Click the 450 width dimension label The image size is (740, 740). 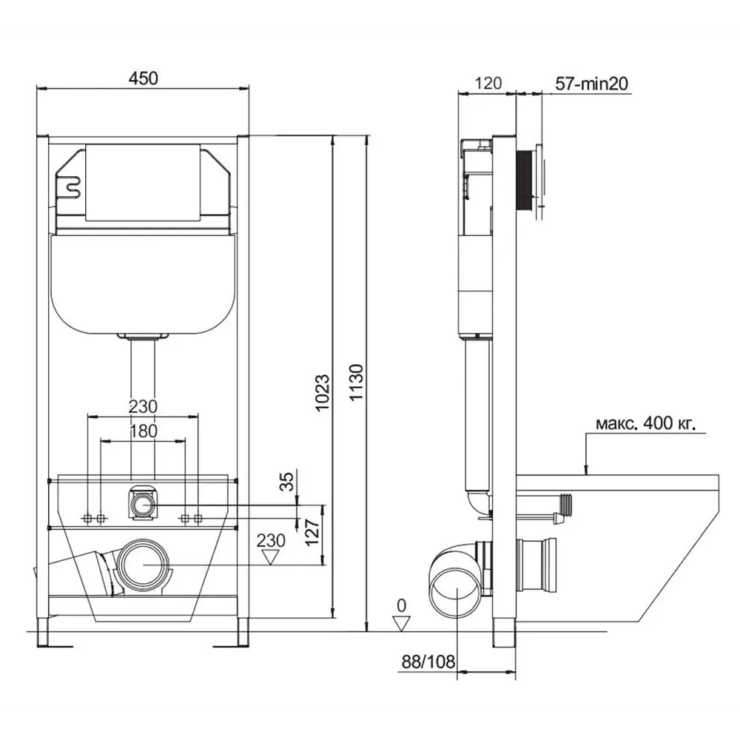click(144, 78)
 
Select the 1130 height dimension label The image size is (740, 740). click(357, 383)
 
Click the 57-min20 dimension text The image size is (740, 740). click(591, 84)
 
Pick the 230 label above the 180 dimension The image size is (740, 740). click(143, 406)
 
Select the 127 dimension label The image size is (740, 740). click(311, 531)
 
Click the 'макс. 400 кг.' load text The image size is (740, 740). click(646, 424)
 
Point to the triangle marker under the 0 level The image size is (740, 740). click(400, 623)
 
